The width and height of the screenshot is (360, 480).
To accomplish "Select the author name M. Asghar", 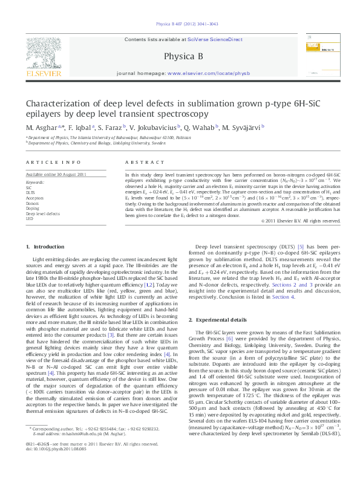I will [42, 128].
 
